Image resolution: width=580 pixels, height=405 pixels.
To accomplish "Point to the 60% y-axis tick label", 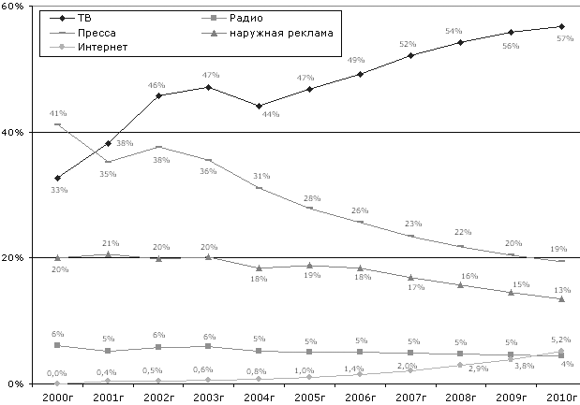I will pos(12,7).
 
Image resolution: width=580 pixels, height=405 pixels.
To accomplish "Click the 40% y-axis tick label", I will pos(12,133).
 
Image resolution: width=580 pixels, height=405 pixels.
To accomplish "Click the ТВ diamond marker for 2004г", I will pos(260,106).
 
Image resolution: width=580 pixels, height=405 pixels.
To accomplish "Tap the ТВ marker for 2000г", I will pos(58,178).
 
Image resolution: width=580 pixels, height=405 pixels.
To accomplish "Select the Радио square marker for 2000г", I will pos(58,345).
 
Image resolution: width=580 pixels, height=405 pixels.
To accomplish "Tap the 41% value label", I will pos(57,113).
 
